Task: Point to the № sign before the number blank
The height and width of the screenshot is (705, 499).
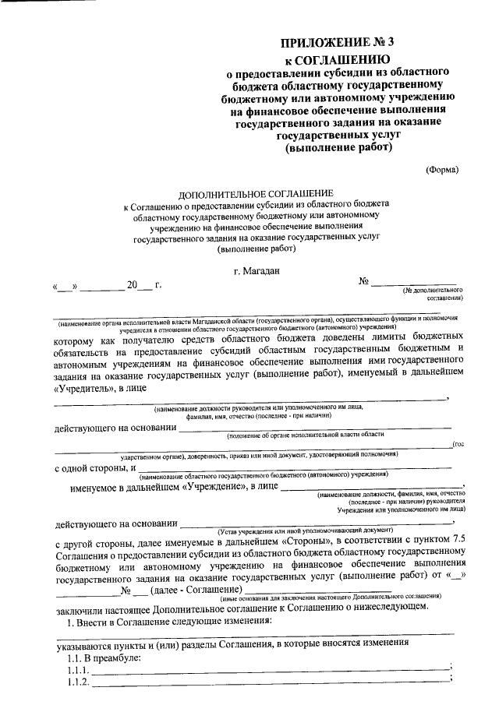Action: (363, 280)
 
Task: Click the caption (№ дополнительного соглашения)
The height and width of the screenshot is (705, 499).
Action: (433, 294)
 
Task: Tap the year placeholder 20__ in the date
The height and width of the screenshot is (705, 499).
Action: (140, 286)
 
